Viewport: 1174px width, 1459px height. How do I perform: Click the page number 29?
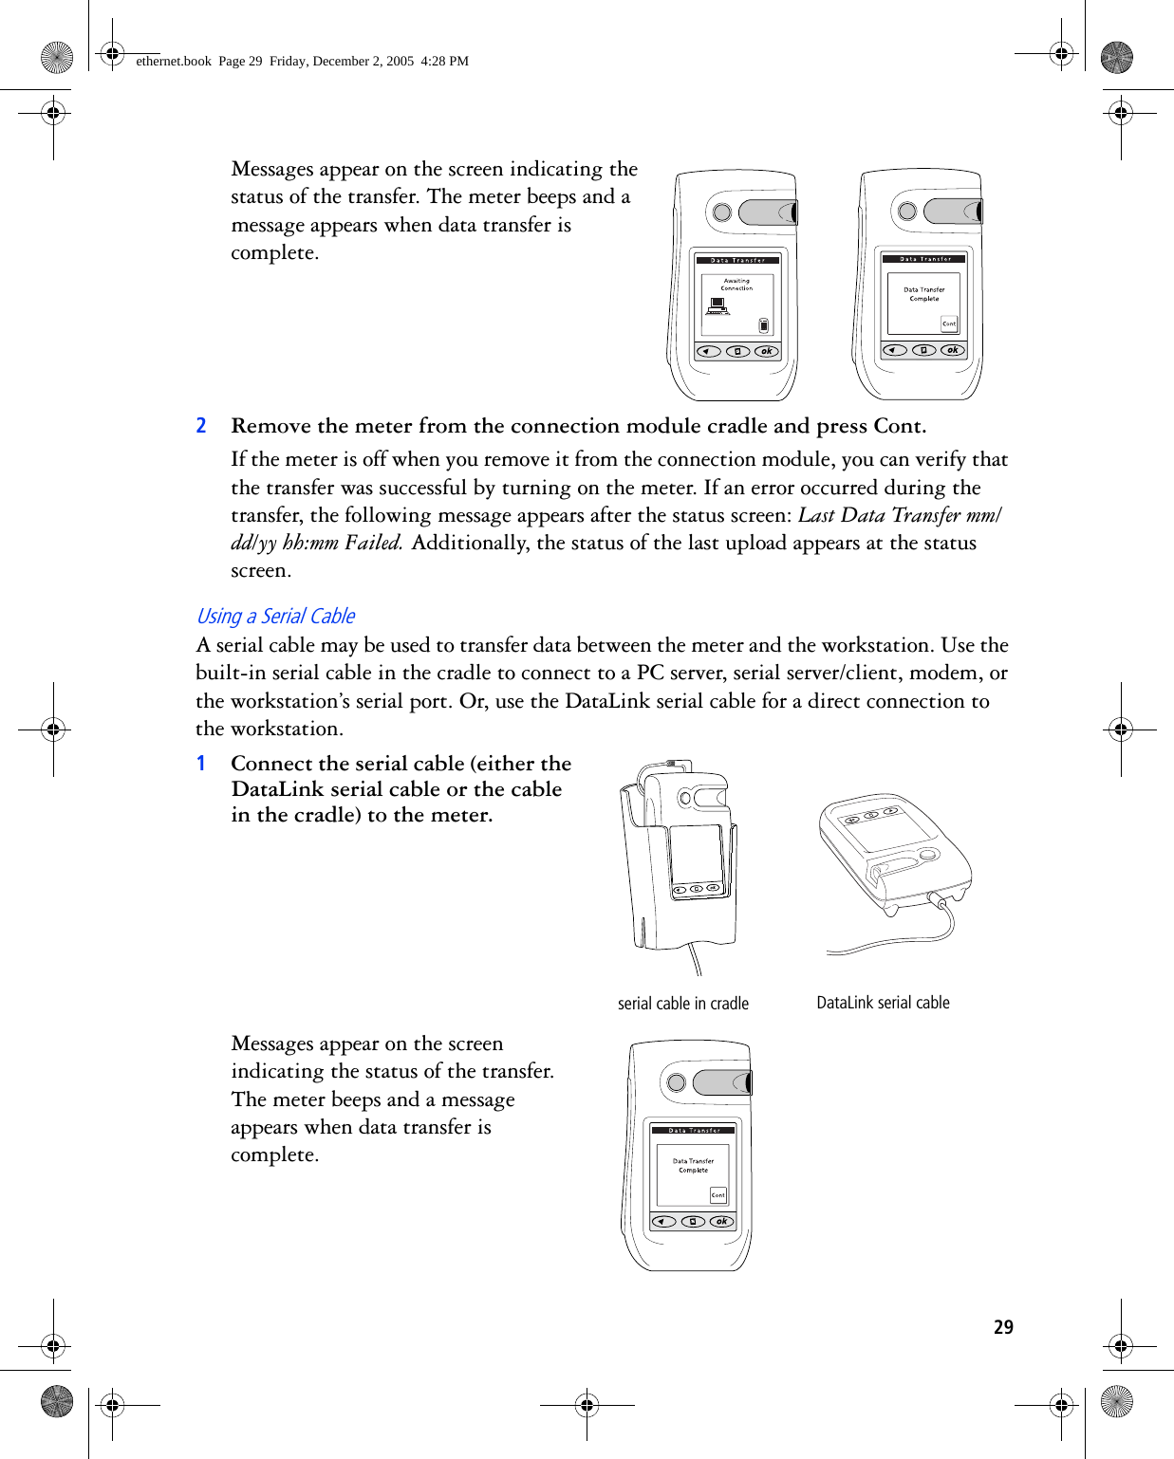pos(1003,1327)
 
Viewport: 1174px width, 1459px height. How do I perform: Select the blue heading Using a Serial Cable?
pos(275,617)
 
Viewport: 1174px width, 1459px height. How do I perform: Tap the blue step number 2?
pos(201,426)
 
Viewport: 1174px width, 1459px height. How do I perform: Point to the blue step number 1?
pos(201,764)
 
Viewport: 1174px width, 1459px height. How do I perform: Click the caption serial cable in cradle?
pos(682,1004)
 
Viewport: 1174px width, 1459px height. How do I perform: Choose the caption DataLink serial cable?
pos(883,1003)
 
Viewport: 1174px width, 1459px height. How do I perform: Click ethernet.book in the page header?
pos(174,61)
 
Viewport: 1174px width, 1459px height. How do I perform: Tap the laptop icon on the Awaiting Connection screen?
pos(717,306)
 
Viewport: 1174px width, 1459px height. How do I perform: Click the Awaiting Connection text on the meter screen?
pos(736,284)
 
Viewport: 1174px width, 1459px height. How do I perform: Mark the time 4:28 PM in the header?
pos(445,61)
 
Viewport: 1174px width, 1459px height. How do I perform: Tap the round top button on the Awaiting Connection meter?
pos(722,212)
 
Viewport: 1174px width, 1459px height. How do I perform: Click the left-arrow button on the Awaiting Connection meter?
pos(707,351)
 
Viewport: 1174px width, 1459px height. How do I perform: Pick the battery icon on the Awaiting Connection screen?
pos(764,326)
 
